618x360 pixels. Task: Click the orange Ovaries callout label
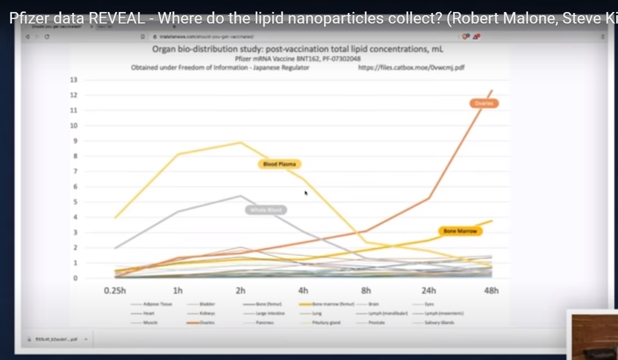click(x=483, y=103)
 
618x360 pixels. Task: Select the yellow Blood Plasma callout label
click(x=279, y=164)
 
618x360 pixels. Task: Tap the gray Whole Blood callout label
click(x=266, y=210)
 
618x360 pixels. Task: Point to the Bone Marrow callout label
click(x=460, y=231)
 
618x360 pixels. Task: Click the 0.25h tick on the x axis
click(x=115, y=291)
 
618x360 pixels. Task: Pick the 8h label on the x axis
click(x=366, y=291)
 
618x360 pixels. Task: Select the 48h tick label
click(x=491, y=291)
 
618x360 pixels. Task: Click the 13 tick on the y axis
click(x=74, y=80)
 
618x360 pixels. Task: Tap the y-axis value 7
click(x=75, y=171)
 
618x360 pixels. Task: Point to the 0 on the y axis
click(x=75, y=278)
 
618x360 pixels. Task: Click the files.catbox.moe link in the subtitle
click(x=411, y=67)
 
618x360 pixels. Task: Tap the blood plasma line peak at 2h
click(x=240, y=142)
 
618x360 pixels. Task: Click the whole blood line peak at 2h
click(x=240, y=196)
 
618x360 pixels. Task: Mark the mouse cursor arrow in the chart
click(x=306, y=193)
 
